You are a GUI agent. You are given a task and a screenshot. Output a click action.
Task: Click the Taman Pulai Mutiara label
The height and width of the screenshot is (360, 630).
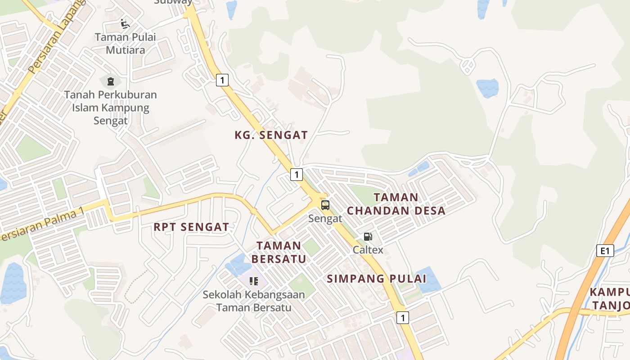[x=126, y=43]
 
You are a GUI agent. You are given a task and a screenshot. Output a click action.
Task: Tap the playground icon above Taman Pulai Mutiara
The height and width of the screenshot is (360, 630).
[x=125, y=24]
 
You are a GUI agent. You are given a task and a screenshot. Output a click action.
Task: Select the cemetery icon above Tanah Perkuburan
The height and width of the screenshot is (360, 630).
[x=110, y=82]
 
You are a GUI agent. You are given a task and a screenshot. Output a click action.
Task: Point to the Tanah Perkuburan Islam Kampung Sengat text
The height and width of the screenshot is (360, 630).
[x=111, y=108]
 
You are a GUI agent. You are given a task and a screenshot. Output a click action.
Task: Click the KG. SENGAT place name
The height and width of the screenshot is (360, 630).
[x=271, y=135]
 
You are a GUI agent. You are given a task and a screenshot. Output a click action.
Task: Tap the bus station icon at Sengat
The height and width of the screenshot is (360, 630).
[x=325, y=205]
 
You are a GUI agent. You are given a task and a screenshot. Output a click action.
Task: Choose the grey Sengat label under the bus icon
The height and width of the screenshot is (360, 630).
[x=325, y=219]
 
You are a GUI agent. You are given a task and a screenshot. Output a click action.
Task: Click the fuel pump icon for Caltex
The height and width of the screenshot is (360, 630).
[x=368, y=237]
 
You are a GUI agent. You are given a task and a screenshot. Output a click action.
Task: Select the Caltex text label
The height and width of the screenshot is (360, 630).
[x=368, y=250]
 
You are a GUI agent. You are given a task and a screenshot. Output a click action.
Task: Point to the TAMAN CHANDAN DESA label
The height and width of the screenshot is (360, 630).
[x=396, y=204]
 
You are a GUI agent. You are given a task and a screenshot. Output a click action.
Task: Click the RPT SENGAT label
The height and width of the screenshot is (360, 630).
[x=191, y=227]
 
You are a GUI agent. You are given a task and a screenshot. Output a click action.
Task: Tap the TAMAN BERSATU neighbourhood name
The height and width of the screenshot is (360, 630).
[x=279, y=252]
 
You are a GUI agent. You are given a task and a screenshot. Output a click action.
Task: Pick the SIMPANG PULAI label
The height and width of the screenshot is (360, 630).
[x=376, y=279]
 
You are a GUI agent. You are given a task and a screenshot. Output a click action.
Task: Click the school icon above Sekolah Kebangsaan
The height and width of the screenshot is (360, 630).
[x=254, y=281]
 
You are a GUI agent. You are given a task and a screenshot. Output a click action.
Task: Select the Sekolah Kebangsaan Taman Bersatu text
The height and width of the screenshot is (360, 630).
[x=254, y=301]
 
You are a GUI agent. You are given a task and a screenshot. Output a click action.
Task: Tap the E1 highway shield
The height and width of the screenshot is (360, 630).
[x=605, y=251]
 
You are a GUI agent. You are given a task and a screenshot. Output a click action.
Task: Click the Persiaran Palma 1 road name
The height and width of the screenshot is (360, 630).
[x=43, y=225]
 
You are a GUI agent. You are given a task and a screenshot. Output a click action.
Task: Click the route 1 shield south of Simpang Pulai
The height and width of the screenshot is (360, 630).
[x=402, y=318]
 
